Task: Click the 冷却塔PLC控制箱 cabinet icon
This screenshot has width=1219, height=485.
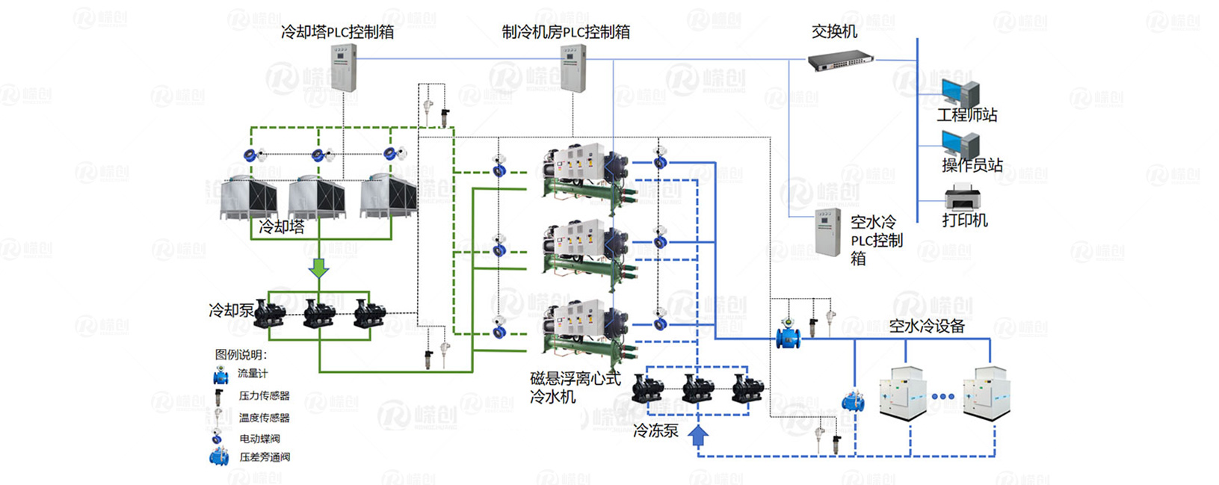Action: pyautogui.click(x=344, y=68)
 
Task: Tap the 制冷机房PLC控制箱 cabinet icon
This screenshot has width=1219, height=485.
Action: pyautogui.click(x=573, y=68)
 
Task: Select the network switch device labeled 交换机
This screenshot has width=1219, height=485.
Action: pyautogui.click(x=841, y=60)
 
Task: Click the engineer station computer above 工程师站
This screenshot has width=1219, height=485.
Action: pyautogui.click(x=960, y=93)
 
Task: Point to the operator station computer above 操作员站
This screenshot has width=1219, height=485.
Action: pyautogui.click(x=960, y=144)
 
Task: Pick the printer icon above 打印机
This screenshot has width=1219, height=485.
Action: pyautogui.click(x=962, y=197)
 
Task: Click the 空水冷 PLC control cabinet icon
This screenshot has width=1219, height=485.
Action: pyautogui.click(x=827, y=233)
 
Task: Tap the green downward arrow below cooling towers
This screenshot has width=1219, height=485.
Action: pyautogui.click(x=319, y=268)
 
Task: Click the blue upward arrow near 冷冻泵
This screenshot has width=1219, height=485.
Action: pyautogui.click(x=698, y=436)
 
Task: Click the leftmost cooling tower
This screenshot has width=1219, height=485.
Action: pyautogui.click(x=248, y=197)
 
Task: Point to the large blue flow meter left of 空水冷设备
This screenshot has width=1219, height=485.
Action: pyautogui.click(x=788, y=336)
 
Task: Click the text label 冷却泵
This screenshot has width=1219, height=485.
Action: pyautogui.click(x=231, y=309)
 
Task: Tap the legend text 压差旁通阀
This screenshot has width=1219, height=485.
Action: pyautogui.click(x=265, y=457)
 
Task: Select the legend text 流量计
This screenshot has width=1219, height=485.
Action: pyautogui.click(x=253, y=374)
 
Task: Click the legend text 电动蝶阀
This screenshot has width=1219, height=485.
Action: pyautogui.click(x=259, y=439)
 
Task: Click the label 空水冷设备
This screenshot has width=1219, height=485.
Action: pyautogui.click(x=927, y=326)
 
